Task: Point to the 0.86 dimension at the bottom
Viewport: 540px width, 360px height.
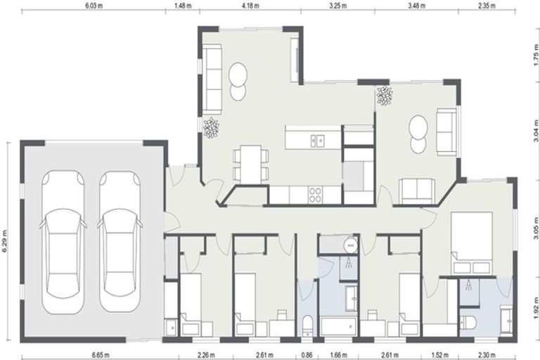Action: pos(307,355)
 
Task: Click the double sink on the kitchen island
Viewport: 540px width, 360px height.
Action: pos(316,141)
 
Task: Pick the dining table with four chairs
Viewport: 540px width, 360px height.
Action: pos(250,163)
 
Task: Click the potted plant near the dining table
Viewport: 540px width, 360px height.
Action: pos(211,127)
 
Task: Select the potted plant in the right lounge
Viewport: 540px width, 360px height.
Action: pos(385,96)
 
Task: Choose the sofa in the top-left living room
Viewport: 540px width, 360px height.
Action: pos(212,73)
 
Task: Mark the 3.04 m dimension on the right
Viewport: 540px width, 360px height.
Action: pos(536,134)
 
